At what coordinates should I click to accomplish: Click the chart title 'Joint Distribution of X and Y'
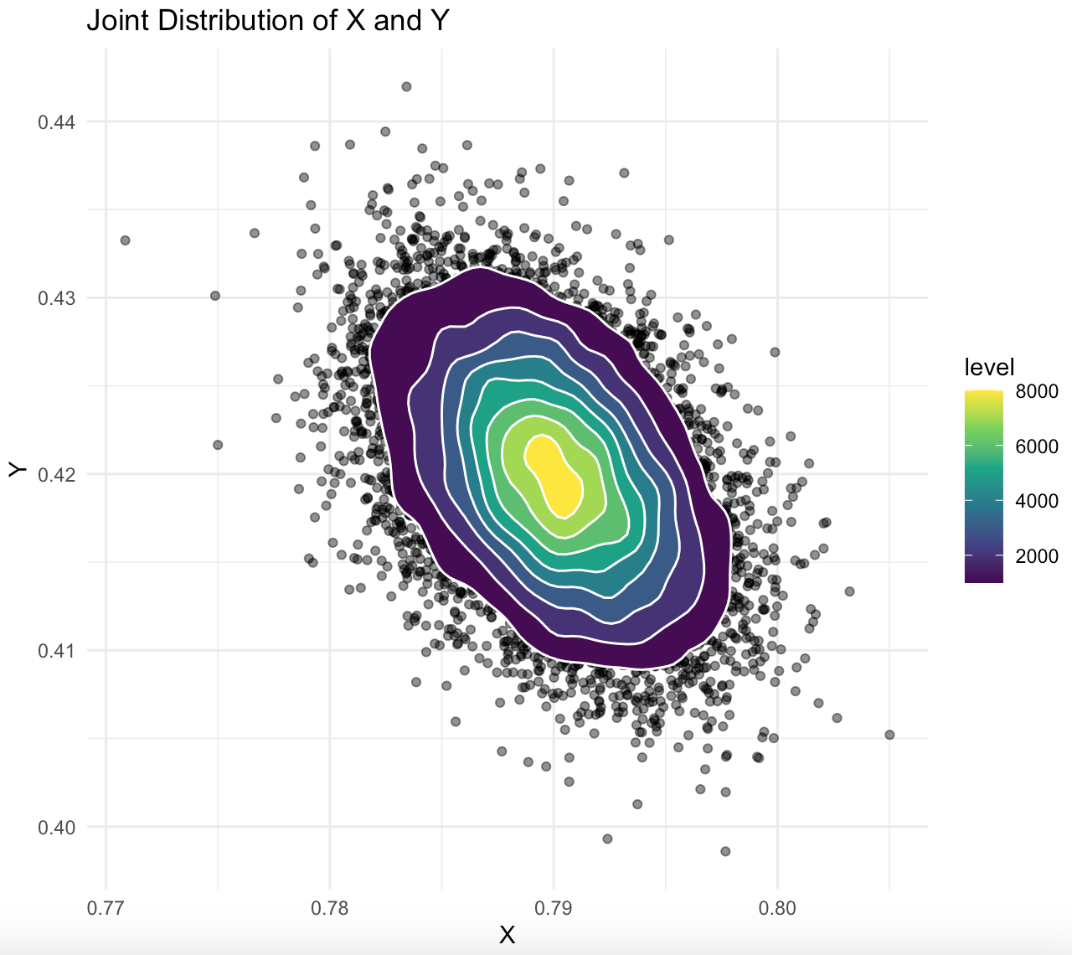tap(268, 20)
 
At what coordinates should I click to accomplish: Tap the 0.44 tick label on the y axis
tap(56, 122)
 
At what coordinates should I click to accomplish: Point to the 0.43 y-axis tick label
tap(56, 298)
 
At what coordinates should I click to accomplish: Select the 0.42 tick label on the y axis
tap(56, 475)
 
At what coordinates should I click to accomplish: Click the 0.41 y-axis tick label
tap(56, 651)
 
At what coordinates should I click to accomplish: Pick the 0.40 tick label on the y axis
tap(56, 828)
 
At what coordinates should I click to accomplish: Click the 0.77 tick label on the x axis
tap(106, 908)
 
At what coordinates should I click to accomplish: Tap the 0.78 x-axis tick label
tap(329, 908)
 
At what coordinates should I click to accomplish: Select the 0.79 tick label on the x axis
tap(553, 908)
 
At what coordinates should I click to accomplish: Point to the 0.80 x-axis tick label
tap(776, 908)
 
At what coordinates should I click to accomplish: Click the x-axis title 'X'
tap(507, 936)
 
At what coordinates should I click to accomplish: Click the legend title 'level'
tap(989, 367)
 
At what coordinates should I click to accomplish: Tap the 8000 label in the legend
tap(1036, 393)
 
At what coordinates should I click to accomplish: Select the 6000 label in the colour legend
tap(1036, 447)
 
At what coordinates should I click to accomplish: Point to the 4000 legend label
tap(1036, 502)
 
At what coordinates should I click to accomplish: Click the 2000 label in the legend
tap(1036, 556)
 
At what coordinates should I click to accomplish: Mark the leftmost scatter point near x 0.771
tap(125, 240)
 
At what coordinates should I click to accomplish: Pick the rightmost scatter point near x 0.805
tap(889, 735)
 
